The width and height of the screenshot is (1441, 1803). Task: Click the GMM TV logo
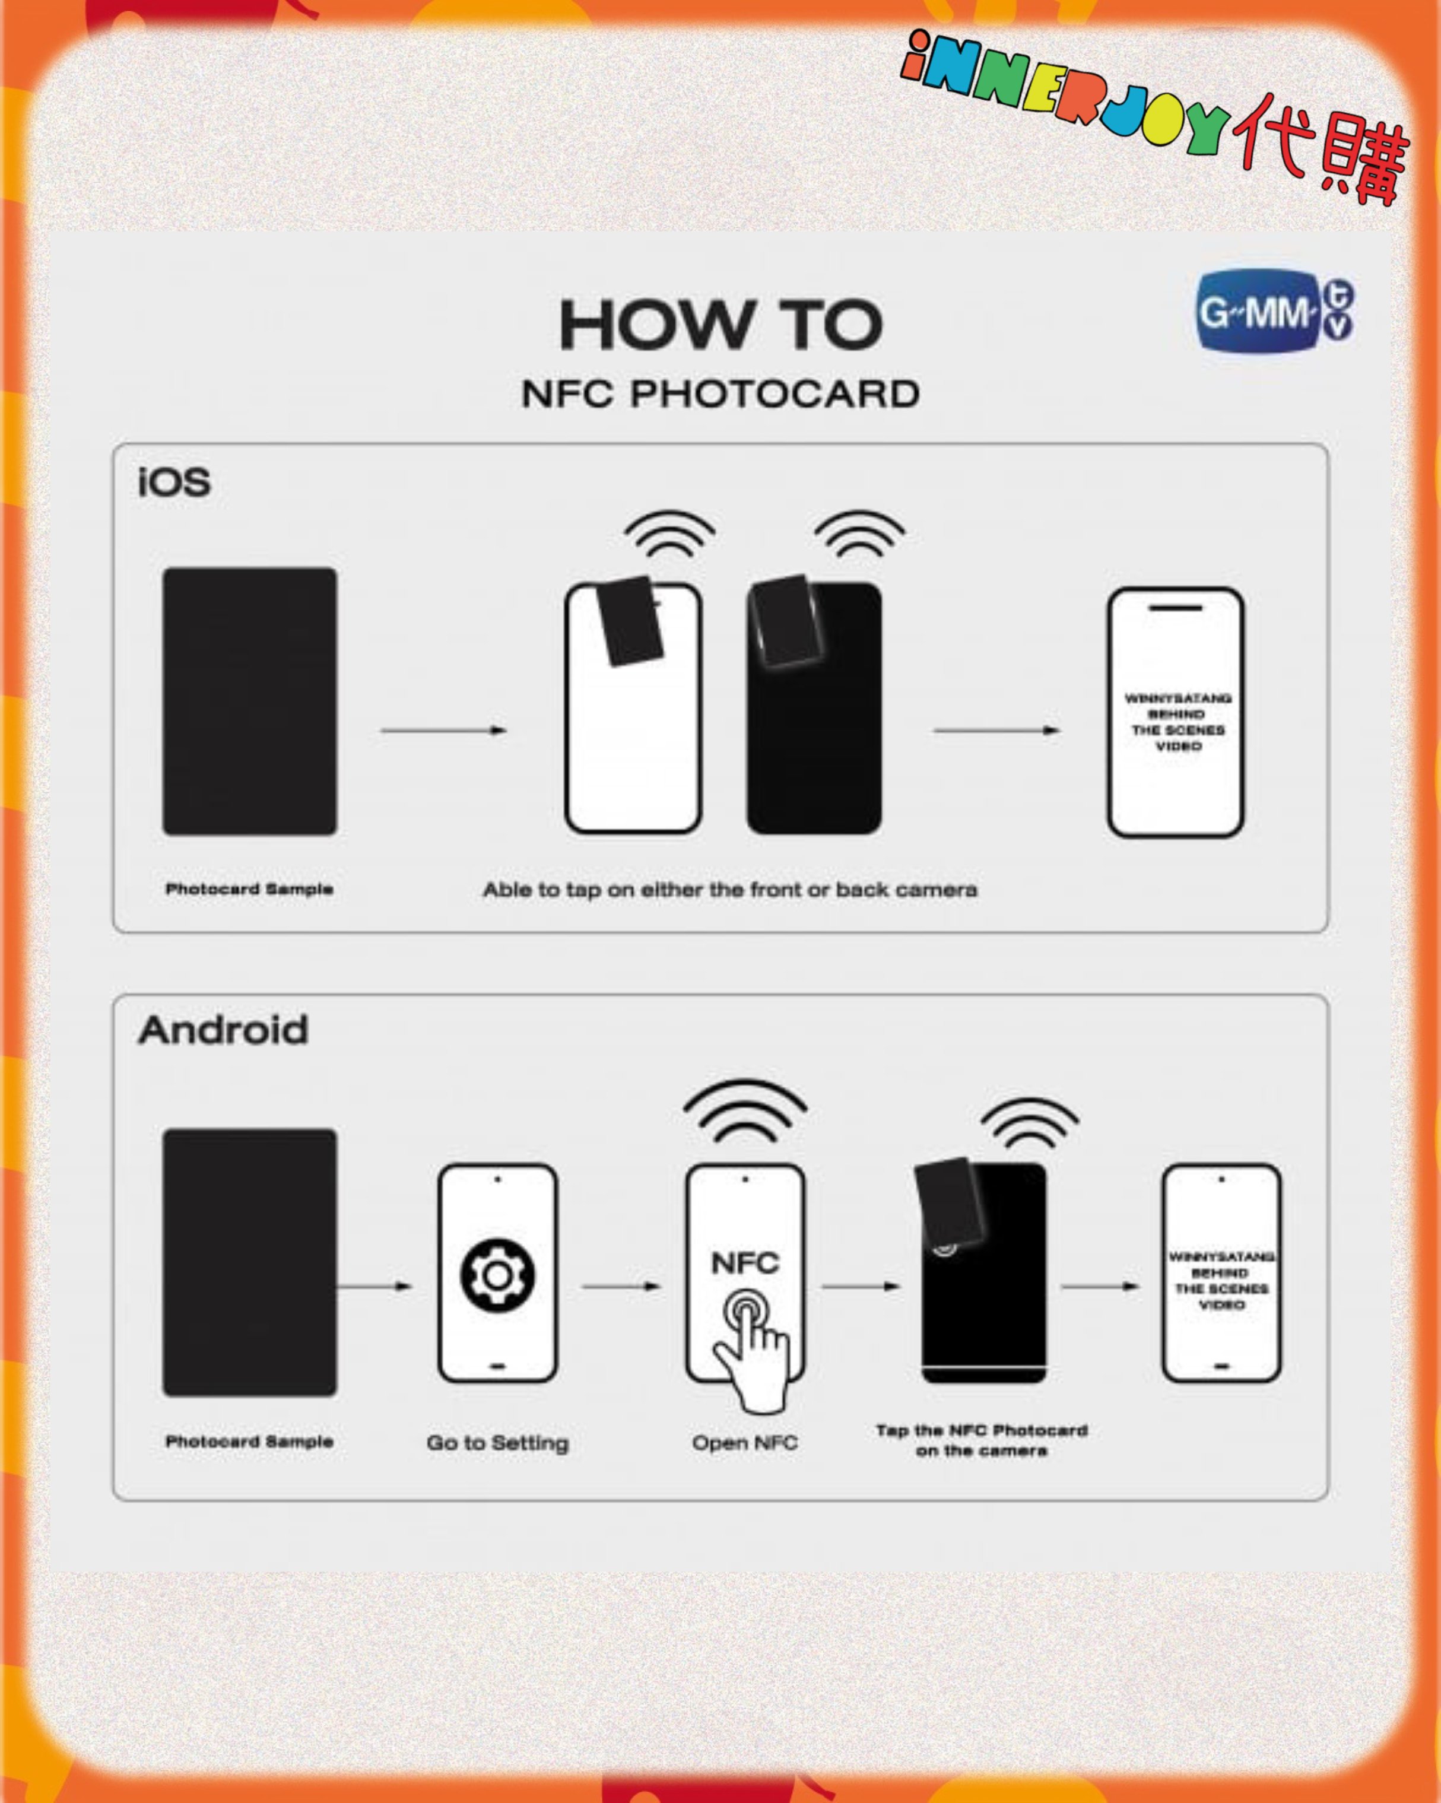tap(1275, 311)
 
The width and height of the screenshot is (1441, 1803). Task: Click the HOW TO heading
tap(721, 325)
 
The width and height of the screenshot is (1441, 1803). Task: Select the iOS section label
tap(174, 483)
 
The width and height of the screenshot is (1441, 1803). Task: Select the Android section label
tap(223, 1030)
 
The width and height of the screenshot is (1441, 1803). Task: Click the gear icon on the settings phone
tap(497, 1275)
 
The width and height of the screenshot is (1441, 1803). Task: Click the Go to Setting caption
tap(497, 1443)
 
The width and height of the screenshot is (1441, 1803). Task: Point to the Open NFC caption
tap(744, 1443)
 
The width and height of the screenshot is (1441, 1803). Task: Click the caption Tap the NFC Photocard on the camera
tap(982, 1440)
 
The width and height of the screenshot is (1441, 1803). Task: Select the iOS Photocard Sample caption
tap(249, 889)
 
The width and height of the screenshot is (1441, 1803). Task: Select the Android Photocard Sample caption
tap(249, 1441)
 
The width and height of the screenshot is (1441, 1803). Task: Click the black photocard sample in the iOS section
tap(250, 701)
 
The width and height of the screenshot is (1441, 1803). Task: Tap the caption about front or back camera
tap(730, 890)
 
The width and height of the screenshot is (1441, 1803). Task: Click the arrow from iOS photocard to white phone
tap(443, 730)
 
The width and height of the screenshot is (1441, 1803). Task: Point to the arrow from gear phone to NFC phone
tap(621, 1286)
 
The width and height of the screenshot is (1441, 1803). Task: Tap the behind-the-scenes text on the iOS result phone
tap(1177, 722)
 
